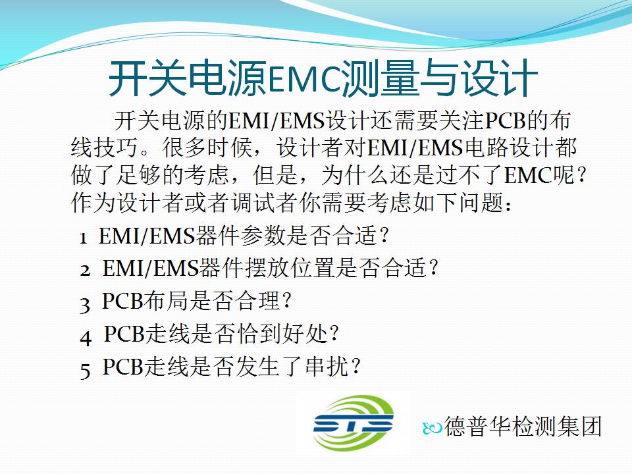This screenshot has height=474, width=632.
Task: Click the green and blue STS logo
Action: click(x=353, y=423)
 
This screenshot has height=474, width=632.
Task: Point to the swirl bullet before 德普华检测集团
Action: click(x=432, y=428)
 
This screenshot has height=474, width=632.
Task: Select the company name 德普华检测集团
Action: click(x=523, y=426)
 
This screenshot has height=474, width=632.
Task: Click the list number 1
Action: click(x=84, y=238)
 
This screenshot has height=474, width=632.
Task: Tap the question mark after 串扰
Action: click(x=355, y=367)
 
